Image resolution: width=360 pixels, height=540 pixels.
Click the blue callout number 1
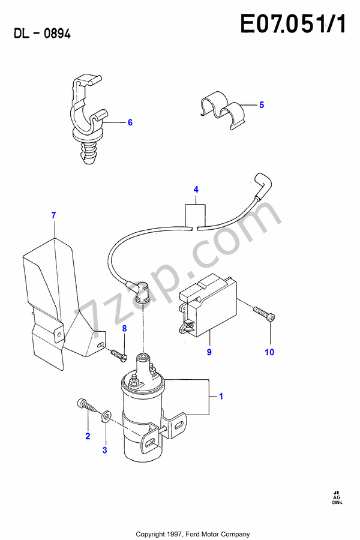tap(221, 397)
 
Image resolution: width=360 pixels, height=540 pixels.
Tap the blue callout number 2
tap(88, 436)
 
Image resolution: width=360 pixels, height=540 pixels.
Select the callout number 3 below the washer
tap(105, 450)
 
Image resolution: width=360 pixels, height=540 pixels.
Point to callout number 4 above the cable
tap(196, 190)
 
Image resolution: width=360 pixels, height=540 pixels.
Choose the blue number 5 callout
tap(262, 105)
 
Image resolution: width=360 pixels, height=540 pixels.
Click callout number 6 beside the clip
tap(130, 122)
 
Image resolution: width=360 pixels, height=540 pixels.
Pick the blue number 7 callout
tap(53, 215)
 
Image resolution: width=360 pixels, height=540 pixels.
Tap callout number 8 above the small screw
tap(124, 329)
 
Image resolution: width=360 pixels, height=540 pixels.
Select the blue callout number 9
tap(209, 352)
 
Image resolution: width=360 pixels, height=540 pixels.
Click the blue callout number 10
tap(269, 352)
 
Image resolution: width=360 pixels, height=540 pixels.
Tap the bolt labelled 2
tap(86, 406)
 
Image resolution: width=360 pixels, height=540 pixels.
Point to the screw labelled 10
tap(264, 313)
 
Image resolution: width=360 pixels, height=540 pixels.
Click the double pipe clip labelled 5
tap(223, 110)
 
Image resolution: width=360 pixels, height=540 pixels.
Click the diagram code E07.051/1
tap(293, 24)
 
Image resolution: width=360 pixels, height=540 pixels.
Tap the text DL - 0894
tap(42, 34)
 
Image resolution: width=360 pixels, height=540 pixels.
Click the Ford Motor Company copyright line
tap(193, 534)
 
